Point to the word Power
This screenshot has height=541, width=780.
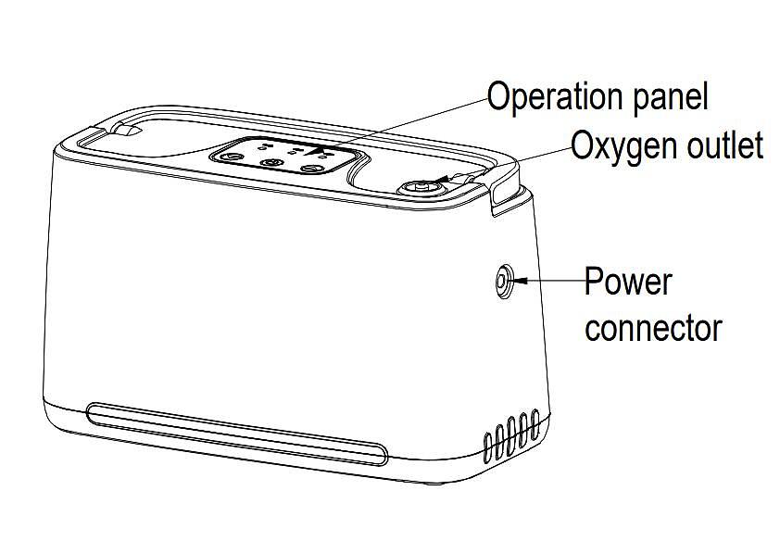(627, 280)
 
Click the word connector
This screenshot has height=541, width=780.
(653, 327)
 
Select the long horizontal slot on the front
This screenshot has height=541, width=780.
(236, 433)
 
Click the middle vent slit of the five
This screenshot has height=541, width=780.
(512, 435)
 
